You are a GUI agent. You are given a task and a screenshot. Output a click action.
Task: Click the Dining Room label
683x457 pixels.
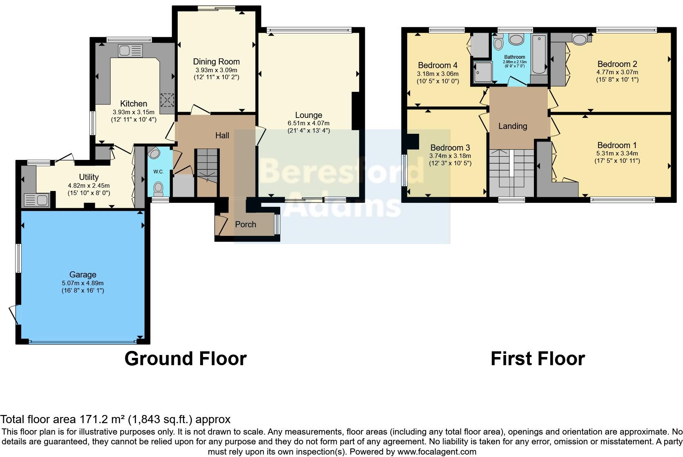click(x=216, y=62)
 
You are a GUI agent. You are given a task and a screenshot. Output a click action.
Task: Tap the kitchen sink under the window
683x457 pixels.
click(x=130, y=51)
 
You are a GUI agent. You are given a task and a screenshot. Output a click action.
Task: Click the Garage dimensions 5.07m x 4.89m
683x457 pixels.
click(x=83, y=283)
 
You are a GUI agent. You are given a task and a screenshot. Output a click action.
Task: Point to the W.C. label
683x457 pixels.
click(x=158, y=172)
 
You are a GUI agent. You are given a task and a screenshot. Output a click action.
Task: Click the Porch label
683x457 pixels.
click(x=246, y=224)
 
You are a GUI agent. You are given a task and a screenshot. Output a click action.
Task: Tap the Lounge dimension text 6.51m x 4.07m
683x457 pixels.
click(x=309, y=123)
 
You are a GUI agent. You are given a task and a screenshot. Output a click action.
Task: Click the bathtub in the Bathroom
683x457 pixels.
click(x=540, y=55)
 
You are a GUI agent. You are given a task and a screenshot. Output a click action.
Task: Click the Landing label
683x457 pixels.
click(x=513, y=126)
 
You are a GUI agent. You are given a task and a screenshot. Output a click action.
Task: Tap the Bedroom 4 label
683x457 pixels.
click(x=437, y=65)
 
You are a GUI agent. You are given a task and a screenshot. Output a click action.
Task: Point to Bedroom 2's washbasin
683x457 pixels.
click(x=579, y=40)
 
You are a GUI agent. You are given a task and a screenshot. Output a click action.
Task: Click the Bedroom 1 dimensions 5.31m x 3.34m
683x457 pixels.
click(x=617, y=153)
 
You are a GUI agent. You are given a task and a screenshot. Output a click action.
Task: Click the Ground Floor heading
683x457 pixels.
click(x=185, y=359)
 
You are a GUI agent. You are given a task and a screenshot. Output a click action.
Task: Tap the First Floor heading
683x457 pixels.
click(x=538, y=359)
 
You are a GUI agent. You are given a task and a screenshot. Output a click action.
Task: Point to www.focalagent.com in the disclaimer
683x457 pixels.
click(x=436, y=452)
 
